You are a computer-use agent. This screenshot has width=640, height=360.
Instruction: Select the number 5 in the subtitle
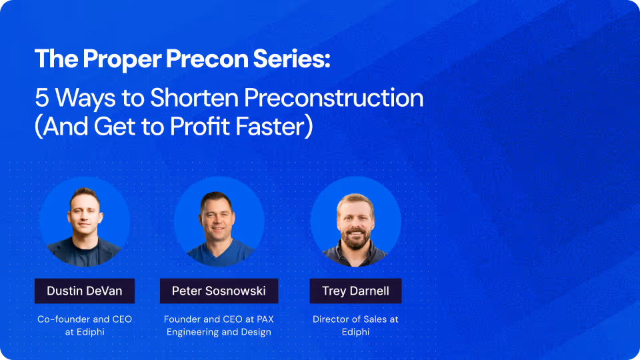point(41,98)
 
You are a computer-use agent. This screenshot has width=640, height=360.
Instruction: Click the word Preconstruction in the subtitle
point(333,98)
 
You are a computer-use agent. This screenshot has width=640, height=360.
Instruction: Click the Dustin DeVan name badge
point(85,291)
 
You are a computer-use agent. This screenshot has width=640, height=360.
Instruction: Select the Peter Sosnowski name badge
point(219,291)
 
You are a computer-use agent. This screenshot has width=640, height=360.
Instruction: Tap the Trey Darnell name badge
point(355,291)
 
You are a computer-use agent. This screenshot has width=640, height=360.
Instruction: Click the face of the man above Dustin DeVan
point(85,211)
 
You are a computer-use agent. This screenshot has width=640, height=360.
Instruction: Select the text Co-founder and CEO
point(85,319)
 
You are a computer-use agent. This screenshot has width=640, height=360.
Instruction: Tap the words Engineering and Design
point(219,332)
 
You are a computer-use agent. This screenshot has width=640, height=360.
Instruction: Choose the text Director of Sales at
point(355,319)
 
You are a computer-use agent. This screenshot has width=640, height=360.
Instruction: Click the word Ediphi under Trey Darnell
point(355,332)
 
